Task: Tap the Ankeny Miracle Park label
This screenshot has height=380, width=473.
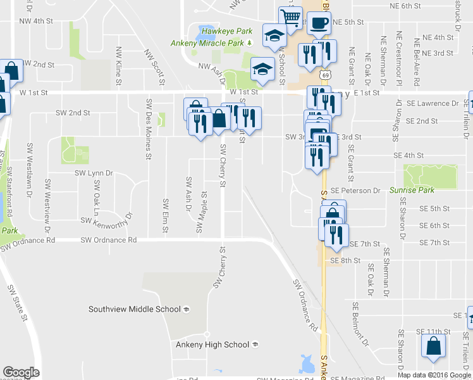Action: [x=207, y=43]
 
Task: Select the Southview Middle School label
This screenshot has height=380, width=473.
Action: [x=135, y=309]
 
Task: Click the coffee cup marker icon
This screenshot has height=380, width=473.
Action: [x=319, y=23]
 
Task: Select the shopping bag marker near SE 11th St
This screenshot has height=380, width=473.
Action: [x=434, y=347]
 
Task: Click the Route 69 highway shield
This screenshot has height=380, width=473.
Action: [x=324, y=75]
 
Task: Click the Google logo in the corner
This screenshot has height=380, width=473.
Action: [x=21, y=372]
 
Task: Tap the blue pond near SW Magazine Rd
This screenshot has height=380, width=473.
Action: [x=307, y=364]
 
